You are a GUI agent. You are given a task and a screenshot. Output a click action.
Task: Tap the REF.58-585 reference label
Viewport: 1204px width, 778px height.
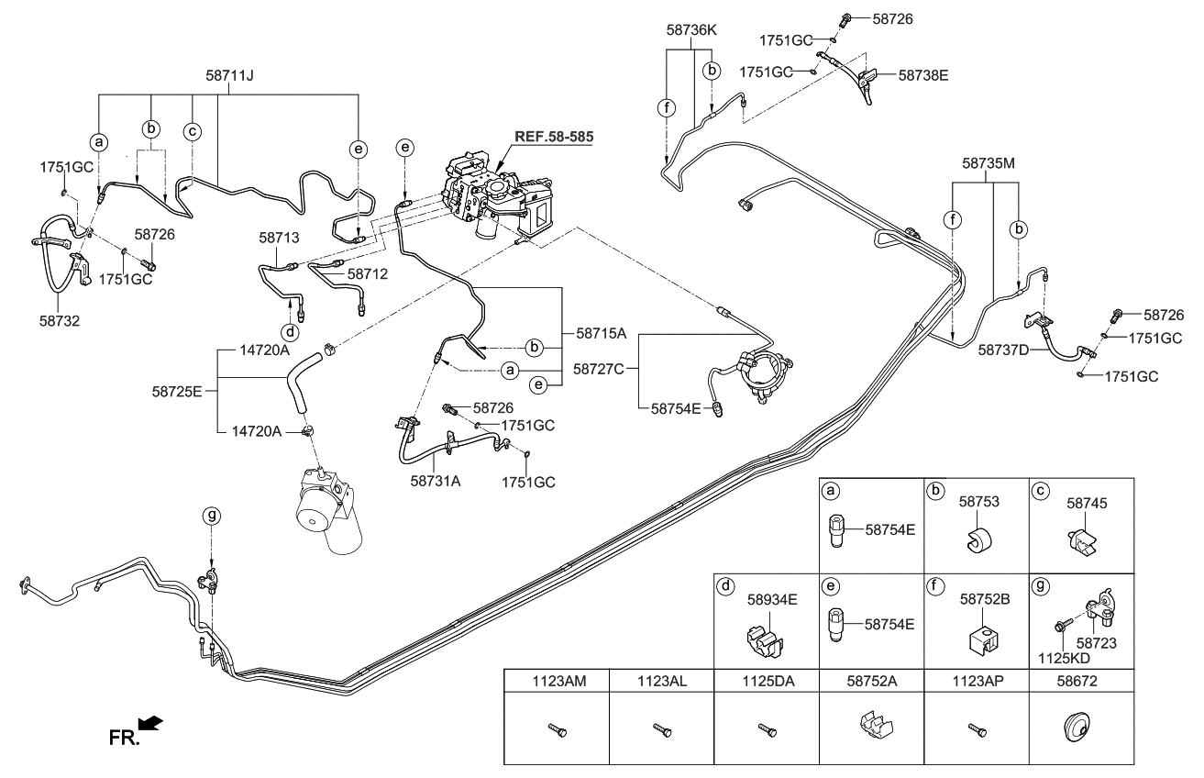click(x=553, y=137)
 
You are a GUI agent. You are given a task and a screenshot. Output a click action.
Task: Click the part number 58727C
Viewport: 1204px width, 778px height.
click(x=599, y=369)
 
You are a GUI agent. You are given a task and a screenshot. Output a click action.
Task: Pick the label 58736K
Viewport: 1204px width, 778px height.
click(x=691, y=29)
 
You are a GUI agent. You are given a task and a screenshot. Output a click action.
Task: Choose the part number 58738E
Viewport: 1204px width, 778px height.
click(x=923, y=75)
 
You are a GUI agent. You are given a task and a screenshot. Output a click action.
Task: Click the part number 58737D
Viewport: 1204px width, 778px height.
click(x=1003, y=350)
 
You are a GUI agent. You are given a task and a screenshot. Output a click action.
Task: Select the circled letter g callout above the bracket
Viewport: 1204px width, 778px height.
click(x=211, y=516)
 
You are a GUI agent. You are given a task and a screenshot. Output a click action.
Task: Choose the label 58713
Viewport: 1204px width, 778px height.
click(x=279, y=237)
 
